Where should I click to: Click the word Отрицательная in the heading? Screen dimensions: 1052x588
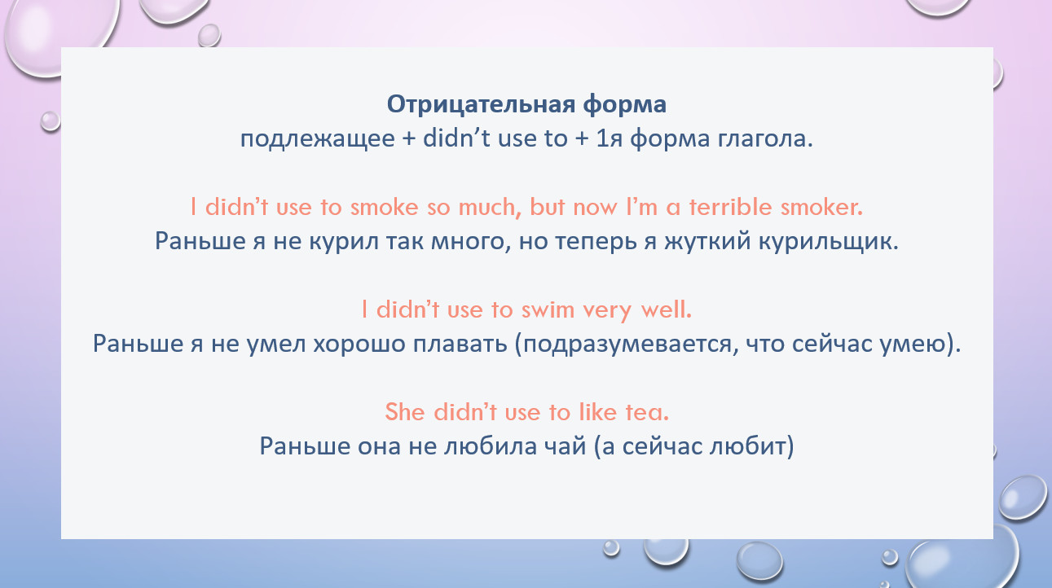pos(481,104)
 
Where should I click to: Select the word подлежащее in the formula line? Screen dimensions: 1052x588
pos(318,139)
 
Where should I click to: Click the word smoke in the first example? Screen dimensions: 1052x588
pos(384,208)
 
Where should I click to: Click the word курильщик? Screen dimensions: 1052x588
pos(829,242)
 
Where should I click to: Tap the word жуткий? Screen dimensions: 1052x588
pos(708,242)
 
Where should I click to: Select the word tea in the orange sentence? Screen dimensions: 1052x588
pos(647,412)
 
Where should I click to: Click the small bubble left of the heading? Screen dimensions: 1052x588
pos(51,121)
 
